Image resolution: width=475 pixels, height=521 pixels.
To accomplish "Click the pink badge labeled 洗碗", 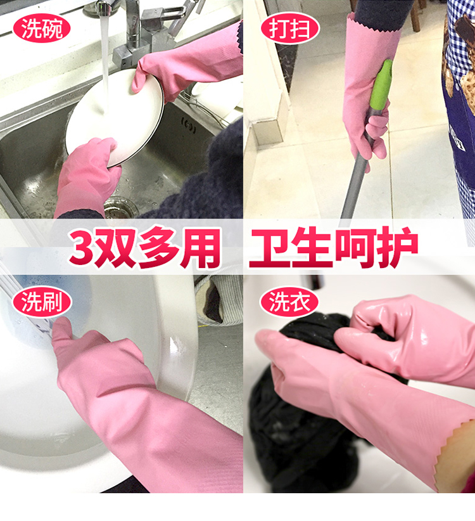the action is point(42,28).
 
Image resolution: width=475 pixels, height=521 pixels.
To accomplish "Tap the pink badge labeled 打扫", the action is point(290,28).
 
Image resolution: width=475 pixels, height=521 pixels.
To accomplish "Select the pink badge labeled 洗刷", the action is point(42,302).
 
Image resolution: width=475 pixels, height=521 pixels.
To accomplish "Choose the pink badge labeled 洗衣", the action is point(289,302).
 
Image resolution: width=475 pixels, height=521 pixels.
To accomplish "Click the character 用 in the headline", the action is point(201,248).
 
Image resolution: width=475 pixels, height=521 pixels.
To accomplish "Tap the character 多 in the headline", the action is point(159,248).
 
